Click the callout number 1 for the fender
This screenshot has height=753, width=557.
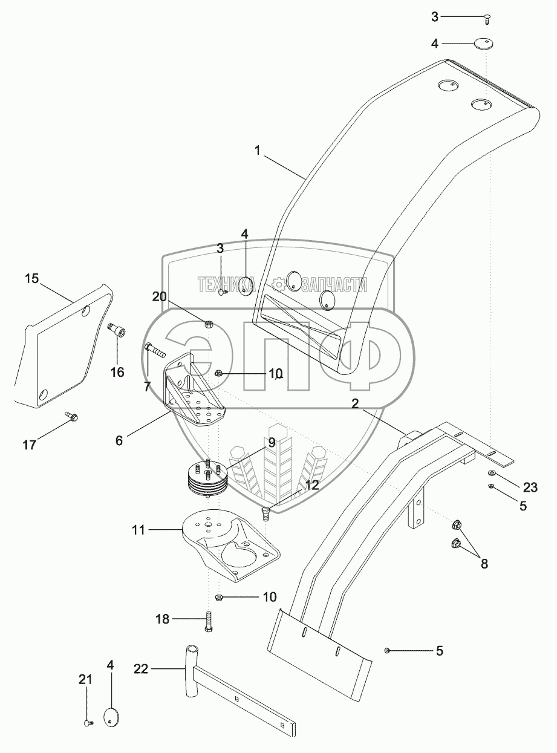[258, 151]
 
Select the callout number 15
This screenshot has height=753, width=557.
[32, 279]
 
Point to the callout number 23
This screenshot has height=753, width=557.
[530, 488]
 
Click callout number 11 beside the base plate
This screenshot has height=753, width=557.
[138, 530]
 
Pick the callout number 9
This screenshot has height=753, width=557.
[272, 442]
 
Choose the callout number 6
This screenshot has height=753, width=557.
[119, 441]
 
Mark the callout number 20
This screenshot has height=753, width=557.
[159, 297]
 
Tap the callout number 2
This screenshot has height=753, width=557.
[355, 403]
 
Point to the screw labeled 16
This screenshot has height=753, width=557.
[117, 329]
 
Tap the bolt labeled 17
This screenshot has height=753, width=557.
[71, 417]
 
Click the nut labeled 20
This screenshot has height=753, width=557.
[209, 324]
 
